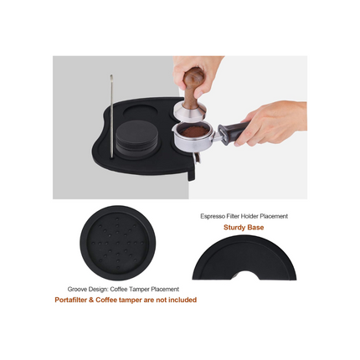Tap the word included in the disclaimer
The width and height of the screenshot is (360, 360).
183,299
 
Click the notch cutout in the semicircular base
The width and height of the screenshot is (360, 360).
242,275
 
